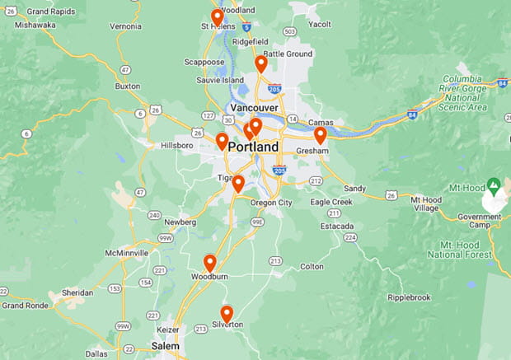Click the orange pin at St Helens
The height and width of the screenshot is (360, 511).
pyautogui.click(x=217, y=17)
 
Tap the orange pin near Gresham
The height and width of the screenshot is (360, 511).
pyautogui.click(x=320, y=134)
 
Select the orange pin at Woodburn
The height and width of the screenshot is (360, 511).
pyautogui.click(x=210, y=263)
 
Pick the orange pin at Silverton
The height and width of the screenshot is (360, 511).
pyautogui.click(x=227, y=313)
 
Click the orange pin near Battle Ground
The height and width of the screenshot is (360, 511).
pyautogui.click(x=261, y=63)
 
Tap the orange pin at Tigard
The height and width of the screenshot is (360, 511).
pyautogui.click(x=238, y=183)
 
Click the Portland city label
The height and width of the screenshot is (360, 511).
pyautogui.click(x=254, y=147)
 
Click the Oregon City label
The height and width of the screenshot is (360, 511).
pyautogui.click(x=271, y=203)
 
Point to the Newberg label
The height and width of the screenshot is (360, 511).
pyautogui.click(x=180, y=222)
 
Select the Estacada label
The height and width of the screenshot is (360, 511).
pyautogui.click(x=337, y=225)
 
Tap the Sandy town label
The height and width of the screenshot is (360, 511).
pyautogui.click(x=354, y=188)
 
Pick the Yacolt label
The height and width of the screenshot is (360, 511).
pyautogui.click(x=319, y=25)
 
